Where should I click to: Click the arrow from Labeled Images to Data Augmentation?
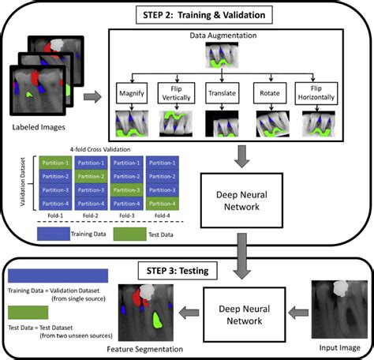click(x=92, y=96)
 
